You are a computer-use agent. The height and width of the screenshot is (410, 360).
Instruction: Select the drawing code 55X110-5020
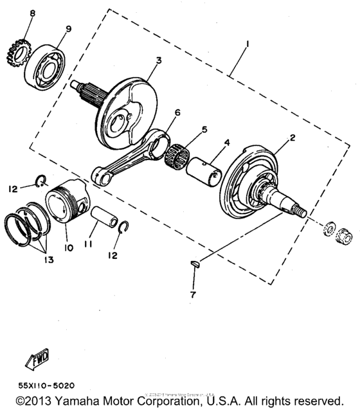46,386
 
